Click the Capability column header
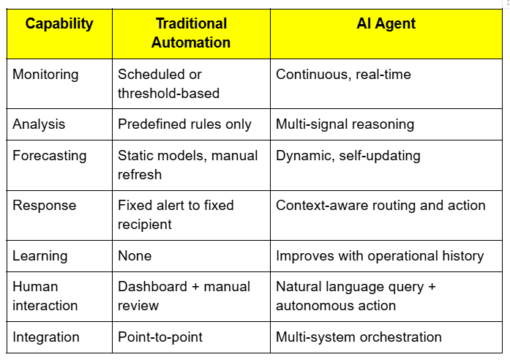pos(59,23)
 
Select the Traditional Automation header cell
pos(191,33)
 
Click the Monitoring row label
pos(45,74)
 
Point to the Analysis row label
pos(40,124)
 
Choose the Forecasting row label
pos(49,155)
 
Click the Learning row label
pos(40,255)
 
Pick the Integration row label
pos(45,337)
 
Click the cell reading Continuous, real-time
pos(343,74)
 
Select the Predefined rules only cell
pos(184,124)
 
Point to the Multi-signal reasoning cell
pos(345,124)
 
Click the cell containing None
pos(135,255)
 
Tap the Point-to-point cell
pos(160,337)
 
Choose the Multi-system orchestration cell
pos(359,337)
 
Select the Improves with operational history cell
pos(380,255)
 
